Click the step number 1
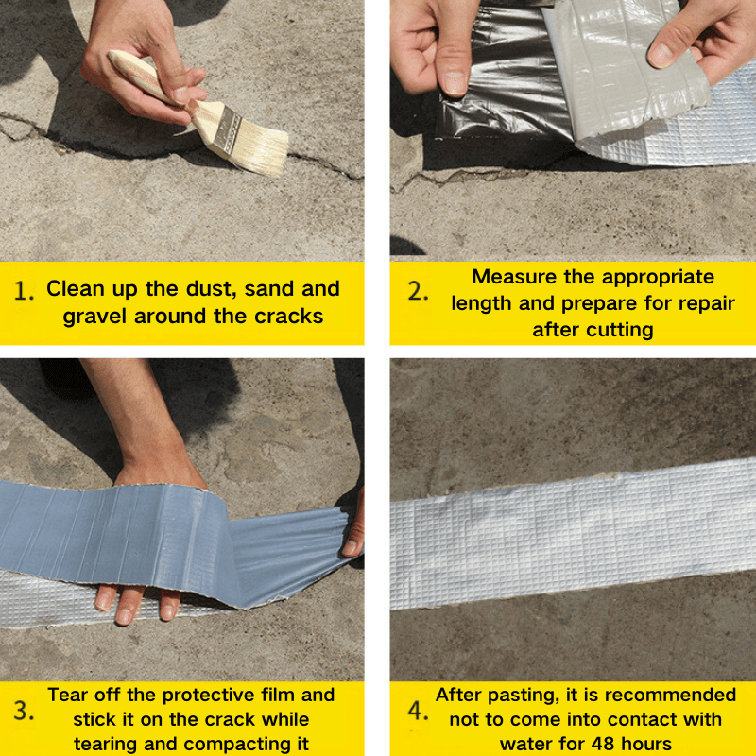click(23, 291)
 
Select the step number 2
click(418, 291)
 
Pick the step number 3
click(23, 711)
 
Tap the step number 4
click(418, 711)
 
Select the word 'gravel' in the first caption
click(94, 318)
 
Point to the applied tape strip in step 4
click(573, 534)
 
